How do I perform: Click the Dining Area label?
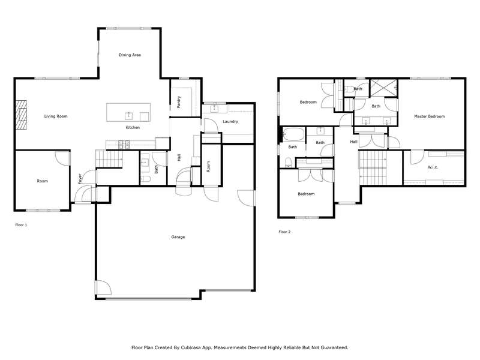130,55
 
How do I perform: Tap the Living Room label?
56,116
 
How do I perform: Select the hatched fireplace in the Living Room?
22,115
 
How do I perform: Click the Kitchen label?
133,127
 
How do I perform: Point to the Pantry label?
179,102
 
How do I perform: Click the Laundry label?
230,122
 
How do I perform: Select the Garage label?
178,237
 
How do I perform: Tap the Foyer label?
80,178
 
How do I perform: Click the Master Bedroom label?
429,116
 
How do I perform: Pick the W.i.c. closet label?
433,167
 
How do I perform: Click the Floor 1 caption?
21,225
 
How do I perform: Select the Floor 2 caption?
284,232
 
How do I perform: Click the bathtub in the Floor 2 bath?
293,134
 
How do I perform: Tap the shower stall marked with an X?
383,88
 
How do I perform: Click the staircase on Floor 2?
373,168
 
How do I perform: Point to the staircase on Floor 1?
109,158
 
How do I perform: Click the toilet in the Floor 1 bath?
146,179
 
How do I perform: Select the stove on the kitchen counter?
124,144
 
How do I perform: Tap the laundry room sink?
214,109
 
